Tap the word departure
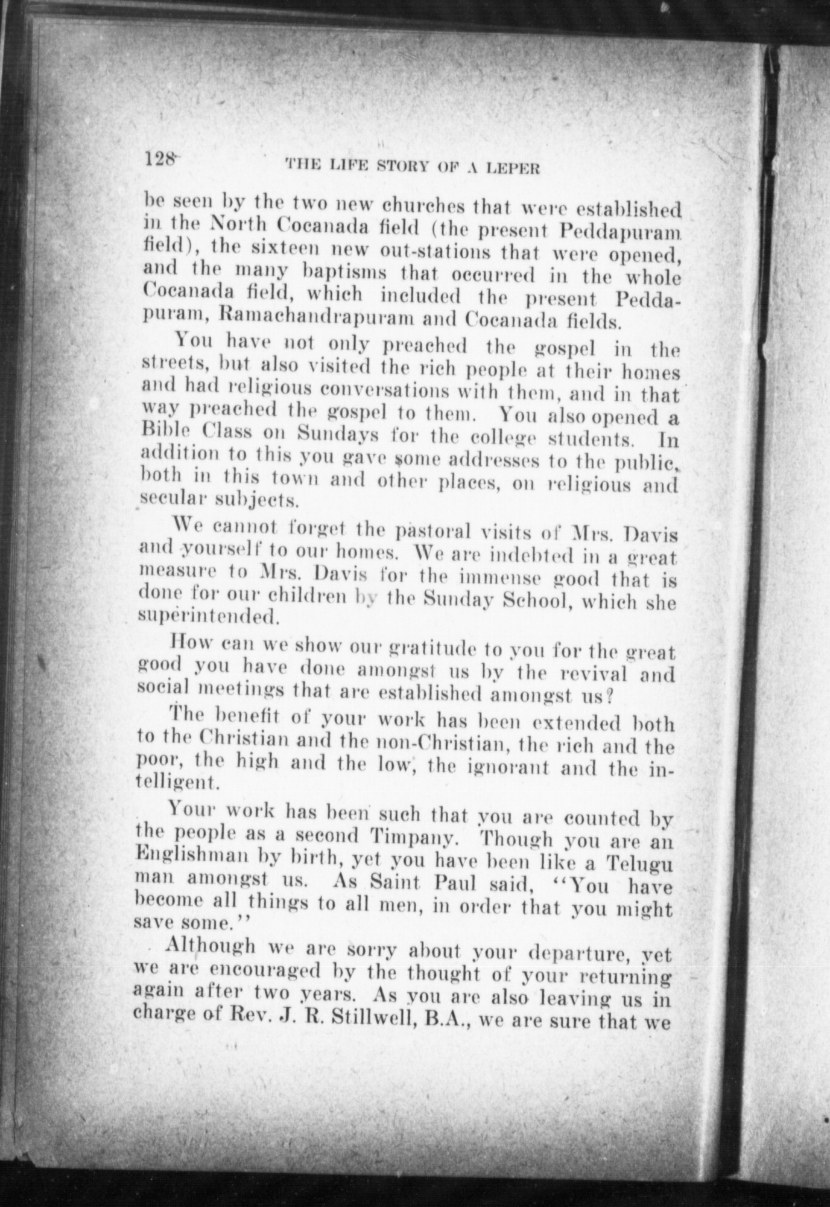[578, 952]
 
